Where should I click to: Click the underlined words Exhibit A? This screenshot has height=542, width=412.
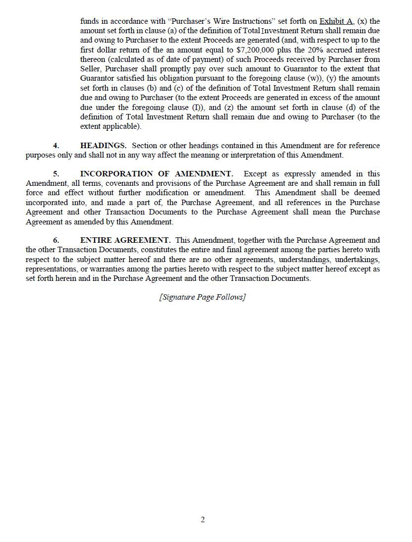coord(336,21)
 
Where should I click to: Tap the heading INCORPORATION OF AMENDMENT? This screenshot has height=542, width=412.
coord(156,174)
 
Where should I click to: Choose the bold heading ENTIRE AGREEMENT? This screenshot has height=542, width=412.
coord(125,240)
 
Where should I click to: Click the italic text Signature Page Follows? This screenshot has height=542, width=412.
coord(203,297)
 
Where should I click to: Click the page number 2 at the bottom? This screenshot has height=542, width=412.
coord(203,520)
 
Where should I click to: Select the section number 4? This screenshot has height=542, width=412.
coord(56,146)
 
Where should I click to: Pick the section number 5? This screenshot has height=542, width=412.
coord(56,174)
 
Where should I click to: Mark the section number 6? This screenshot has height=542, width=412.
coord(56,240)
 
